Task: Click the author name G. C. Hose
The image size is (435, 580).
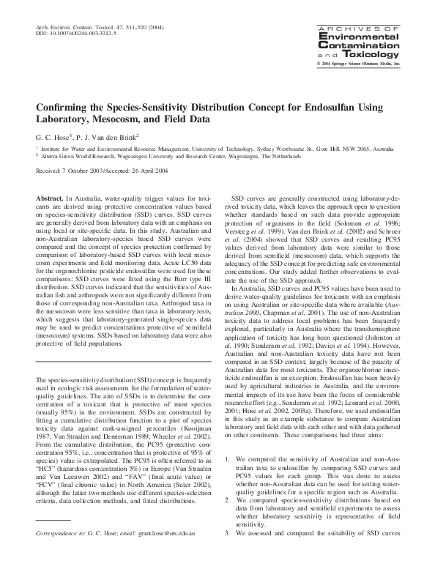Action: [x=53, y=137]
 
